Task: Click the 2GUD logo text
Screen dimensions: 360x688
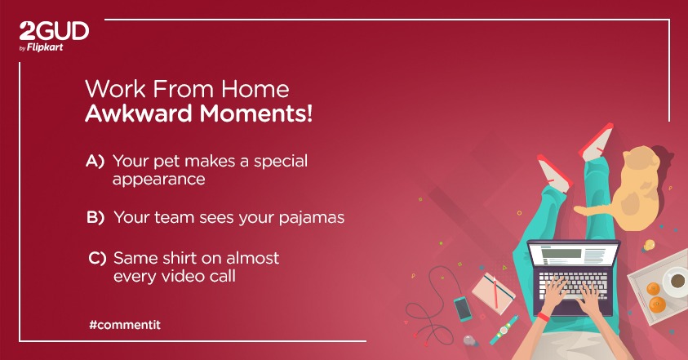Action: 54,32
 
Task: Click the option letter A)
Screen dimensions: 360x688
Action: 95,161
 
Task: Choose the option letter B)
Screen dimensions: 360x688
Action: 95,218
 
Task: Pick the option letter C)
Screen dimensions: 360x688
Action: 97,258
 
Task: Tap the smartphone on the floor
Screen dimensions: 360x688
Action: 462,308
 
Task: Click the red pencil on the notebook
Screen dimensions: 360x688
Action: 499,287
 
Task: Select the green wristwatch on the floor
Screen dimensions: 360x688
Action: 500,333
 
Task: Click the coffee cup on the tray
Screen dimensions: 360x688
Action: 676,282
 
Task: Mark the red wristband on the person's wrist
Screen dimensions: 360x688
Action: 542,316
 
